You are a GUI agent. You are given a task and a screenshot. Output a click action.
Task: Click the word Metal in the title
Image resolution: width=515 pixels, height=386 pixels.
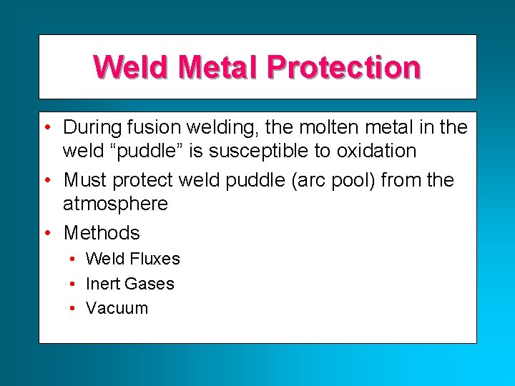point(218,67)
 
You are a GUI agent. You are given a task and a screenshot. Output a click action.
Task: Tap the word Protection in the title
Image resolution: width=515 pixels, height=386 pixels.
point(343,67)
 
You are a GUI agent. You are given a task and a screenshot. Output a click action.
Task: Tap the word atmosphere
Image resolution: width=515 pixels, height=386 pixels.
point(115,204)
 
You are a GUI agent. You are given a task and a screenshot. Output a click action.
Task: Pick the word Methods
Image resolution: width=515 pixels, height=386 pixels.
point(102,232)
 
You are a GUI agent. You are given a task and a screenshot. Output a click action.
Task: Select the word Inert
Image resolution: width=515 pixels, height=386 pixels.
point(102,284)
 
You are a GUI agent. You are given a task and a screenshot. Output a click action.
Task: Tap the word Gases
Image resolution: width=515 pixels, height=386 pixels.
point(151,284)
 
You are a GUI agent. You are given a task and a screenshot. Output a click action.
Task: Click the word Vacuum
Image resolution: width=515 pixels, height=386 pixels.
point(117,308)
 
